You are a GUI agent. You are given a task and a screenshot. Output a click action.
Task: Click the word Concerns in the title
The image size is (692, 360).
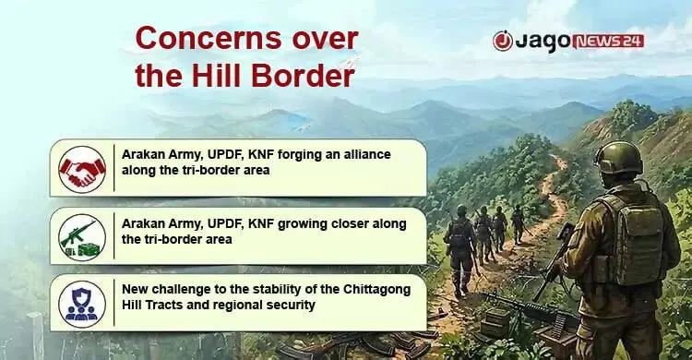coord(208,39)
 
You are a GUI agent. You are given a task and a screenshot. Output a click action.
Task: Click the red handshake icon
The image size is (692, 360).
coord(82,169)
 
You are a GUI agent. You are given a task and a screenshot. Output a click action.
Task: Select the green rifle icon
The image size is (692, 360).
coord(82,237)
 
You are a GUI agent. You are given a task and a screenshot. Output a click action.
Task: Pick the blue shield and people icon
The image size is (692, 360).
coord(82,305)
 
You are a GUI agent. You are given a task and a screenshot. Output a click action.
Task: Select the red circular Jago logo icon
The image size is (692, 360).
coord(503,42)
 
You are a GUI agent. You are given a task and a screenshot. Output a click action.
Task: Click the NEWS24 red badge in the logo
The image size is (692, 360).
coord(608,42)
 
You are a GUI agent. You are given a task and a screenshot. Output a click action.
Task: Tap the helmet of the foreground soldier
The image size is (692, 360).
coord(618,158)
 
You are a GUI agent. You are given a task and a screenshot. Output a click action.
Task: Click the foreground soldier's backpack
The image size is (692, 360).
coord(630,238)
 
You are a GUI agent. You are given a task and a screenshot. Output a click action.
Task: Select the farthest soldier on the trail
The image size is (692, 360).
coord(519,224)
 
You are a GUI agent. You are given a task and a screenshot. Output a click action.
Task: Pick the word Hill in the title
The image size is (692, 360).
coord(217,76)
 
